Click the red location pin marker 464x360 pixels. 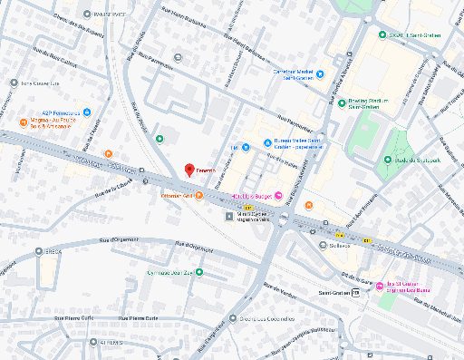tap(189, 170)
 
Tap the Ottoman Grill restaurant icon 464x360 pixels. tap(198, 196)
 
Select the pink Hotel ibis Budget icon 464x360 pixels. tap(278, 196)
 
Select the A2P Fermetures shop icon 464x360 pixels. tap(87, 113)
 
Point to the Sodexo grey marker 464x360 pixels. tap(324, 244)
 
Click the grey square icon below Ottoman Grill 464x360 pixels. tap(228, 216)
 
